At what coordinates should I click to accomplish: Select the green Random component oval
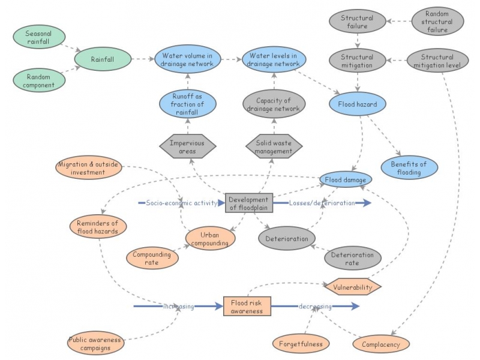38,80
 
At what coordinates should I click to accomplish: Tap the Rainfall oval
102,59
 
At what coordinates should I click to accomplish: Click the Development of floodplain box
249,203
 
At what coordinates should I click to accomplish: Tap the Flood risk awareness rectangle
247,307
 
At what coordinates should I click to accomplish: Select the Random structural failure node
437,21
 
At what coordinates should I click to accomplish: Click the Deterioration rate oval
352,259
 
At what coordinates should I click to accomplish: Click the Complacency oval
381,344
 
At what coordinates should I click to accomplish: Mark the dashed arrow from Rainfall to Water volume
143,59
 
